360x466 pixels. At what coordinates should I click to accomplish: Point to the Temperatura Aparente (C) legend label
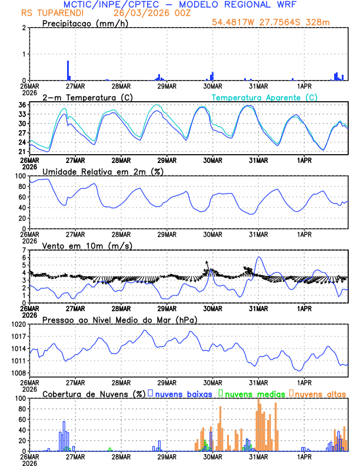264,96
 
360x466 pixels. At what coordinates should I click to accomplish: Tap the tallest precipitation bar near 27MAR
68,69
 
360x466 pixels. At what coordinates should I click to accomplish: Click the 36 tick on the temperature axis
22,105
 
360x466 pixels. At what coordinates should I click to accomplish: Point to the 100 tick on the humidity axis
19,176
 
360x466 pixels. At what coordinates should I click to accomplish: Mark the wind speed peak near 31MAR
259,258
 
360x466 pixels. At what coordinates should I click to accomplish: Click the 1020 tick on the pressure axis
18,324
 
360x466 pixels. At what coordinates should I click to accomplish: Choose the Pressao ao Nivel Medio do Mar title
120,319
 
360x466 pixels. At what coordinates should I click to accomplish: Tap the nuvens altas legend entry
321,393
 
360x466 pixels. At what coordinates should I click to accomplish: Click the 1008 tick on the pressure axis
18,373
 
